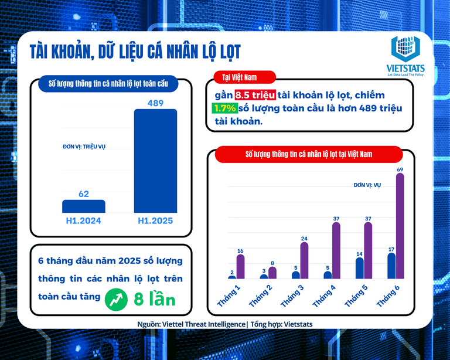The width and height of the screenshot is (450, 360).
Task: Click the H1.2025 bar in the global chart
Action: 155,161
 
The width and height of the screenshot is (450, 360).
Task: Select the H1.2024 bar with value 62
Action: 84,206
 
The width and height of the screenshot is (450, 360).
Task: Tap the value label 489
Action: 155,103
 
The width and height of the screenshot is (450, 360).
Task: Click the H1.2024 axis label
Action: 84,221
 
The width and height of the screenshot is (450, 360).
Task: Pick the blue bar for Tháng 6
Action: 391,266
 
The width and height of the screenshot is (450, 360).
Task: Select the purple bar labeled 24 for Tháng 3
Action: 304,260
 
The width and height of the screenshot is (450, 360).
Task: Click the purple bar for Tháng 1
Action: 240,267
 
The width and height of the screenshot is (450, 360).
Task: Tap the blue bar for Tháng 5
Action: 359,268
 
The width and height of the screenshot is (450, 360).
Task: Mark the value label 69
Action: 400,169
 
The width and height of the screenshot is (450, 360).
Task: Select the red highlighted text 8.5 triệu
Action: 255,95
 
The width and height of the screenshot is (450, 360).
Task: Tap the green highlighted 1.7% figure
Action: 224,108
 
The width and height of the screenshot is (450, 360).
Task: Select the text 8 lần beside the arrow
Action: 154,299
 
